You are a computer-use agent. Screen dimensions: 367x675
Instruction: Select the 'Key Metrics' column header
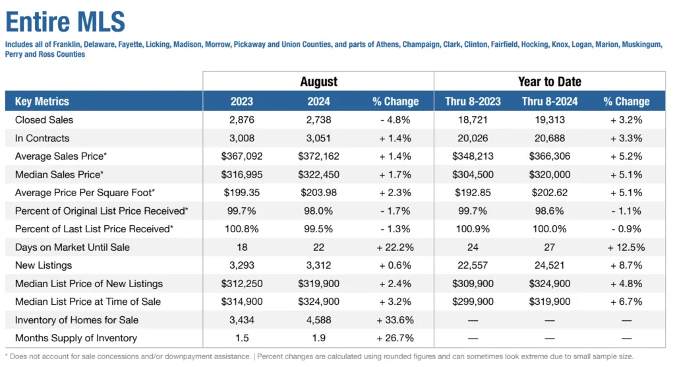42,101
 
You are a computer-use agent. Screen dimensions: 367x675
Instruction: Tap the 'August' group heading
318,82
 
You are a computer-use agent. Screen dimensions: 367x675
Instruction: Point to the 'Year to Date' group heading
550,82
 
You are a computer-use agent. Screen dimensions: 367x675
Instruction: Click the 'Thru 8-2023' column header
473,101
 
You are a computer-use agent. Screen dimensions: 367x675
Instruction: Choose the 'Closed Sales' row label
44,120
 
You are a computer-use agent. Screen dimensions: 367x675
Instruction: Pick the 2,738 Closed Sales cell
318,120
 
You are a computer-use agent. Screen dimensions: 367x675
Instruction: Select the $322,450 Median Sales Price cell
318,174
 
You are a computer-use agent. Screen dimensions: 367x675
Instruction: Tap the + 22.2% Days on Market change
395,248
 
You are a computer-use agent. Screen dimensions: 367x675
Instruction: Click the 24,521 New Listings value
549,265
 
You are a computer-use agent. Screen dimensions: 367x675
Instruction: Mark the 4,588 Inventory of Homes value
318,320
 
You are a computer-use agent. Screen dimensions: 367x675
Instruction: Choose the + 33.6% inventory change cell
395,320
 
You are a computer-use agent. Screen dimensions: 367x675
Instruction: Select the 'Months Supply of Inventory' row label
76,338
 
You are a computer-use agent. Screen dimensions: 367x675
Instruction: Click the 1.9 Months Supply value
318,338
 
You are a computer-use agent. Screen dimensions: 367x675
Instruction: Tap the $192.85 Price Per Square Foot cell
473,193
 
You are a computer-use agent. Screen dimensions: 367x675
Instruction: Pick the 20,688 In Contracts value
549,138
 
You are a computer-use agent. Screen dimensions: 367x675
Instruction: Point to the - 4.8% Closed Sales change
395,120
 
